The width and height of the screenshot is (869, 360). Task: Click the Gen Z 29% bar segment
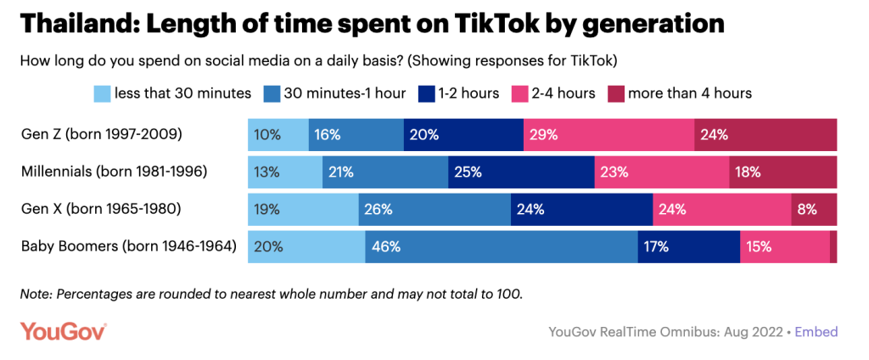pos(608,135)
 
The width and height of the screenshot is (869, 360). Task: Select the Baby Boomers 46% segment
pos(502,247)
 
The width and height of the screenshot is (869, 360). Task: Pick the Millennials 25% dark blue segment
pos(521,172)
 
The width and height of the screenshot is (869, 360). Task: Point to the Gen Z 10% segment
pos(278,135)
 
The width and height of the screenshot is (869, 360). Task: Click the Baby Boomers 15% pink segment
pos(784,247)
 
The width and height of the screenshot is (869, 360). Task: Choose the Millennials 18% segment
pos(782,172)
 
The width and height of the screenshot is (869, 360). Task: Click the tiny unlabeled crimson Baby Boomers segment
pos(833,247)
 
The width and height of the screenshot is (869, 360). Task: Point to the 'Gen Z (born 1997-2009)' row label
pos(103,135)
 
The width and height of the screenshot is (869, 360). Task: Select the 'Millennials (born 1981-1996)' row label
pos(115,172)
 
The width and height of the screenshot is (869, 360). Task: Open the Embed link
pos(816,331)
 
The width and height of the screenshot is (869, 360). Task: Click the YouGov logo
pos(64,331)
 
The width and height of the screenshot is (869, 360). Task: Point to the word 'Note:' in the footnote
pos(36,295)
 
